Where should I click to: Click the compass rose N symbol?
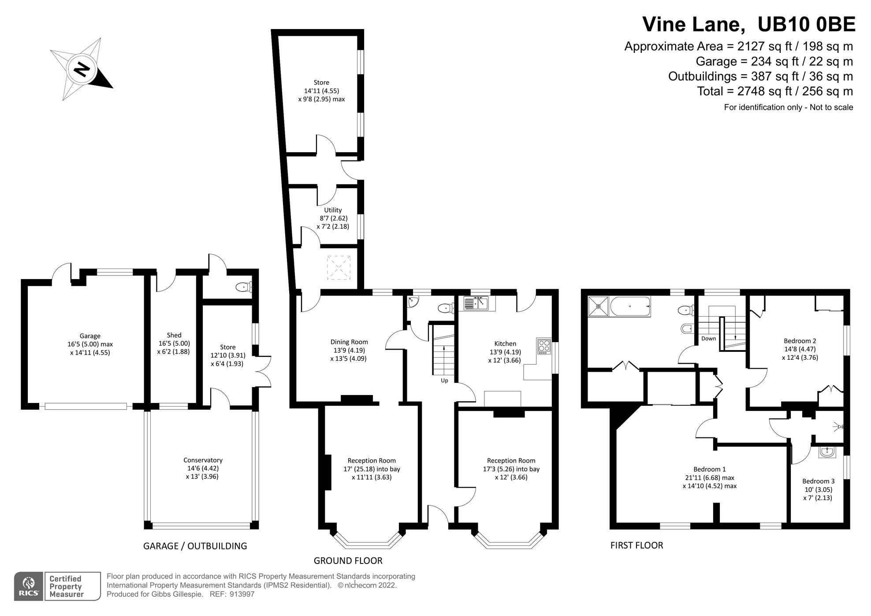[x=82, y=69]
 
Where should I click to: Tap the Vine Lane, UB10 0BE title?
[x=749, y=24]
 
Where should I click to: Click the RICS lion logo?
[x=29, y=586]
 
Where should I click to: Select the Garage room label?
[x=90, y=336]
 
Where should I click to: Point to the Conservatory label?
[x=203, y=460]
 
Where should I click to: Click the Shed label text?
[x=174, y=335]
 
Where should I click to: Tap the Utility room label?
[x=333, y=210]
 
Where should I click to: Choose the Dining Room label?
[x=349, y=342]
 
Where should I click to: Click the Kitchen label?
[x=505, y=343]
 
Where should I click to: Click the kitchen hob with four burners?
[x=544, y=346]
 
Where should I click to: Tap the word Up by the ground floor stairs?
[x=444, y=381]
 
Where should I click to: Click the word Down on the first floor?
[x=709, y=339]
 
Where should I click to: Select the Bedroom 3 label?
[x=818, y=481]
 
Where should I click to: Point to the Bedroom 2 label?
[x=800, y=340]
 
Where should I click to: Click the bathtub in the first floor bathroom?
[x=630, y=306]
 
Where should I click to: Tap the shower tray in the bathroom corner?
[x=599, y=306]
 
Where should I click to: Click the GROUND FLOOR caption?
[x=348, y=560]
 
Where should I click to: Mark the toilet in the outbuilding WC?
[x=244, y=287]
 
